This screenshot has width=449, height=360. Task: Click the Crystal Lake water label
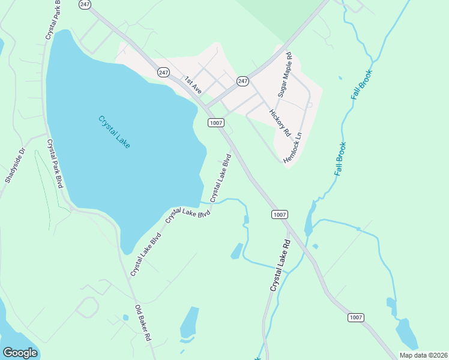[114, 132]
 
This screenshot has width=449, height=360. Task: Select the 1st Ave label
[193, 85]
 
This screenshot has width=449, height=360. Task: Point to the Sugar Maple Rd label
[284, 75]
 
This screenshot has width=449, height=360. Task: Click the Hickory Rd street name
[280, 122]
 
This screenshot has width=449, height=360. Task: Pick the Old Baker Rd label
[143, 323]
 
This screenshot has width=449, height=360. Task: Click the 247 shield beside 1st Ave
[164, 72]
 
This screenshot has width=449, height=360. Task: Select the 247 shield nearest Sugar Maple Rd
[243, 80]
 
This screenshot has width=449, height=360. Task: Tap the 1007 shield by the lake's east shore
[216, 122]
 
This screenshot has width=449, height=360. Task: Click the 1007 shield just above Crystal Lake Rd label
[280, 214]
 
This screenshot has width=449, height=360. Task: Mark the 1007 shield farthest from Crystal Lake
[356, 317]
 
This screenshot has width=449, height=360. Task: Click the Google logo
[20, 353]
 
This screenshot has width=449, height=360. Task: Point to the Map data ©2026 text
[423, 355]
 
